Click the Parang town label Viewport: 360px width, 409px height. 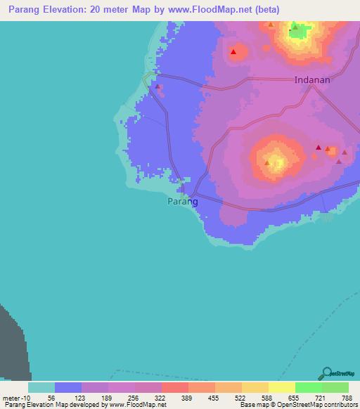coord(183,202)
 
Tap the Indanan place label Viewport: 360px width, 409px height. coord(312,80)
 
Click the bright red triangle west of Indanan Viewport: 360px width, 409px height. coord(233,52)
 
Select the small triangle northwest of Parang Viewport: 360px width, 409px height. coord(157,87)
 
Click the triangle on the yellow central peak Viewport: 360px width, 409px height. coord(267,163)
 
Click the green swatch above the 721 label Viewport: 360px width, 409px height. coord(308,387)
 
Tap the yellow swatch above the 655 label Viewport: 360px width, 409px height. coord(281,387)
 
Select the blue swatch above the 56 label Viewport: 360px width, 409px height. coord(68,387)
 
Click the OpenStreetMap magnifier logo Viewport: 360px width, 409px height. coord(326,373)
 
